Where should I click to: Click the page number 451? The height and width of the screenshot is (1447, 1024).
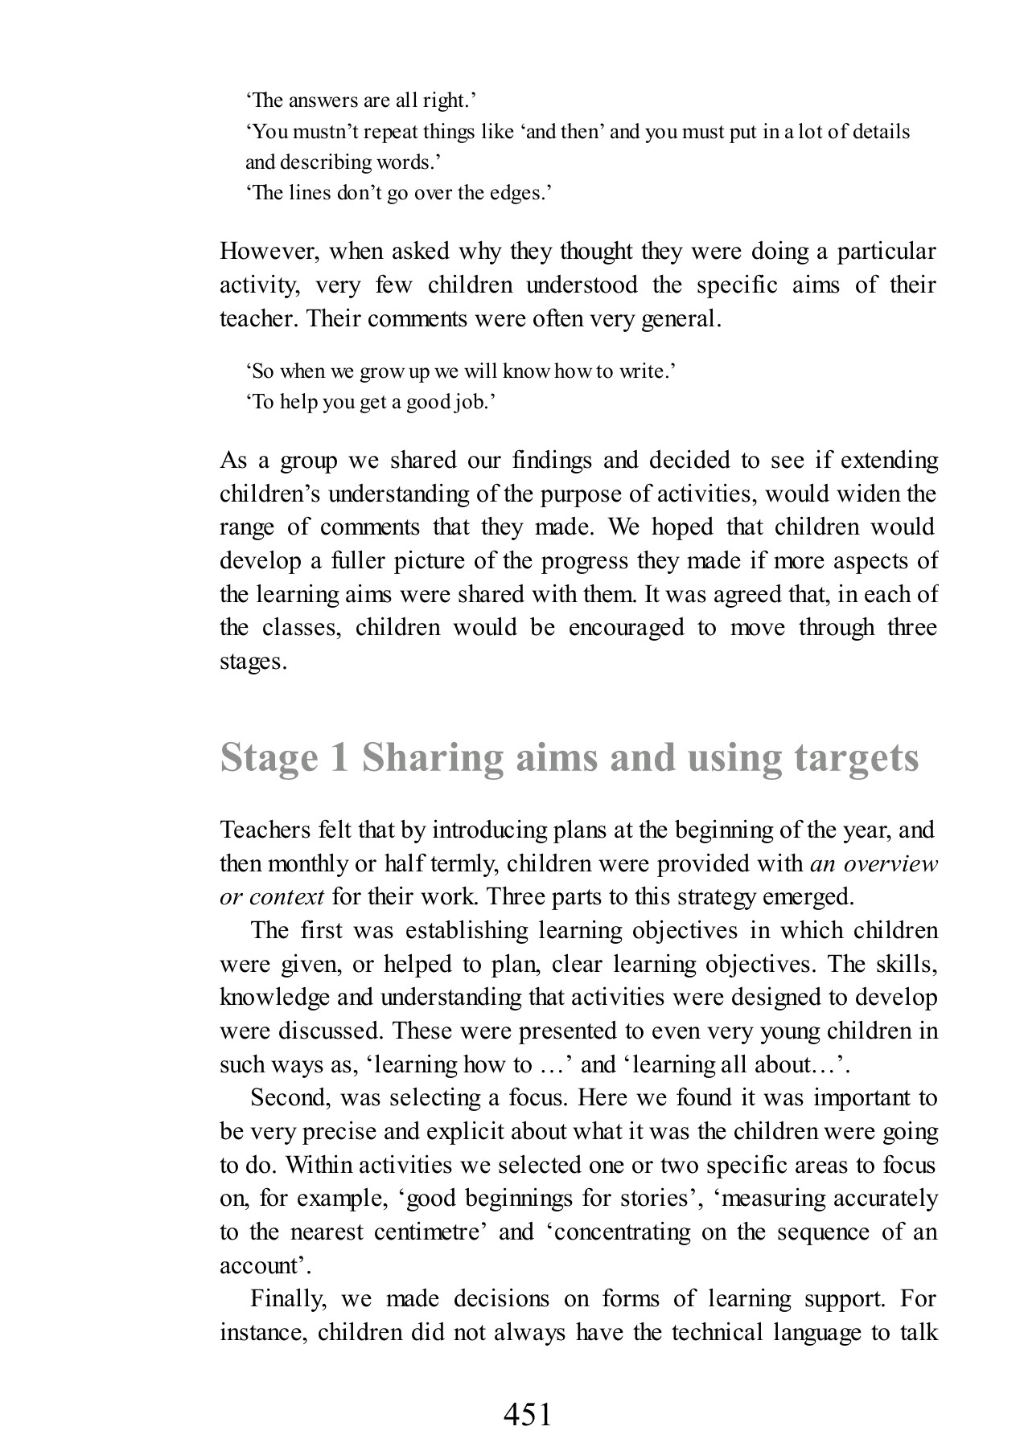528,1392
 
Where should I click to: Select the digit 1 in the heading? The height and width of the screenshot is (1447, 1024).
338,758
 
